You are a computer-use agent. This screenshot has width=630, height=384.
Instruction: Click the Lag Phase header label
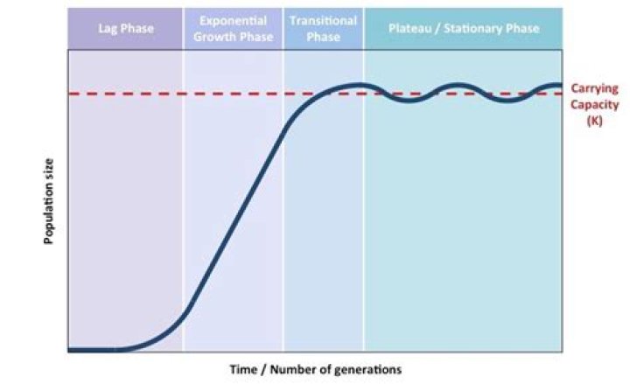(125, 29)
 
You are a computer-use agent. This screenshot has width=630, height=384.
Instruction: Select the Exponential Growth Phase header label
(233, 29)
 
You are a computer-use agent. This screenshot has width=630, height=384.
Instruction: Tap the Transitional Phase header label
(323, 29)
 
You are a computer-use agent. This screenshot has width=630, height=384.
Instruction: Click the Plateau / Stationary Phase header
(463, 29)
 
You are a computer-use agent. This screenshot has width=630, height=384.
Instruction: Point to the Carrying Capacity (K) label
(595, 104)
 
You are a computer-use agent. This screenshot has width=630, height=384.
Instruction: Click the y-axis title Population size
(50, 200)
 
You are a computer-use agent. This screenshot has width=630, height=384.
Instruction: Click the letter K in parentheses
(595, 121)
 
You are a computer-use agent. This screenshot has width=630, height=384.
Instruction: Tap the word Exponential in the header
(233, 21)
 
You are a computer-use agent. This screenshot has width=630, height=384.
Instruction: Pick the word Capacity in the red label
(595, 104)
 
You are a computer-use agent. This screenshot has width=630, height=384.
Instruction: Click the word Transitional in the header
(323, 21)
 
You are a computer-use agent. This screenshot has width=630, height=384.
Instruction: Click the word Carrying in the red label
(595, 88)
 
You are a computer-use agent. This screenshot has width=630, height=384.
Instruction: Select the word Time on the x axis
(242, 369)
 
